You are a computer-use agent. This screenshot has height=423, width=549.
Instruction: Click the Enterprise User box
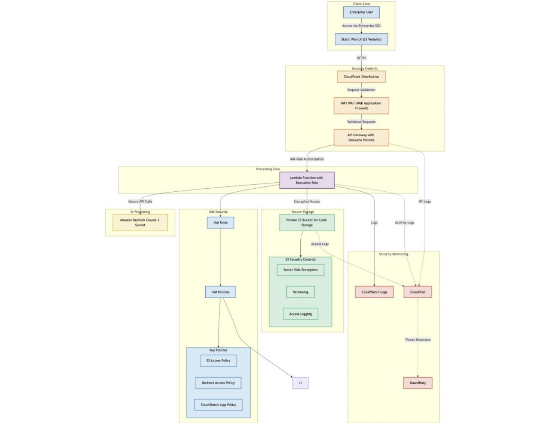(x=361, y=12)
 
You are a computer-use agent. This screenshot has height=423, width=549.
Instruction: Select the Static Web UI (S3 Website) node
(x=361, y=39)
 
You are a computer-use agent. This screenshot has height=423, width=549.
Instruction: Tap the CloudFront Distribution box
(x=361, y=77)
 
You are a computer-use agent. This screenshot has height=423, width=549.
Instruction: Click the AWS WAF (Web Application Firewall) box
(x=361, y=105)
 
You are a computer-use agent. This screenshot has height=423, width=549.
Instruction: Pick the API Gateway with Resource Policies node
(x=361, y=137)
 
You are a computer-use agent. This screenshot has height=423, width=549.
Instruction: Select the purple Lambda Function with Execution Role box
(x=307, y=180)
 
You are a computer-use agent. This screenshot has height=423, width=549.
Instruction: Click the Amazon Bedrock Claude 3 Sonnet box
(x=140, y=222)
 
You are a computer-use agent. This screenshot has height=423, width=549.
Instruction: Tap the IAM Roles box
(x=220, y=223)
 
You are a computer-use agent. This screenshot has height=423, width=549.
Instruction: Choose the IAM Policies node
(x=220, y=292)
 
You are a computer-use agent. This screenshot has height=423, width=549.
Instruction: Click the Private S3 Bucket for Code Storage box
(x=307, y=222)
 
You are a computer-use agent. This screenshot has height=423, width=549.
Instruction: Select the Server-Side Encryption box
(x=300, y=270)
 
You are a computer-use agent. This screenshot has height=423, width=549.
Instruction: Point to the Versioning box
(x=300, y=292)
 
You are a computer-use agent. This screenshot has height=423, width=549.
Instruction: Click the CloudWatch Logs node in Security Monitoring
(x=374, y=292)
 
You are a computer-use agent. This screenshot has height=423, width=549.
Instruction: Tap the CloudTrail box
(x=418, y=292)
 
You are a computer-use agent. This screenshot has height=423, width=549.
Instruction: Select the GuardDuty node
(x=418, y=383)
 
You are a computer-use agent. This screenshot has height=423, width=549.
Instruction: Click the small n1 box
(x=300, y=383)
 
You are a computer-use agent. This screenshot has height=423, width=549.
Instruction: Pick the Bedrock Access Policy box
(x=218, y=383)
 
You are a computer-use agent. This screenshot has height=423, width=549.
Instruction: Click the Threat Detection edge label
(x=418, y=340)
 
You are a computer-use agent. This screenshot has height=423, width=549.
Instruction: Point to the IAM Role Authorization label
(x=307, y=159)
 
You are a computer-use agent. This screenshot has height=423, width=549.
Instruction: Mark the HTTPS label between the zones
(x=361, y=58)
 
